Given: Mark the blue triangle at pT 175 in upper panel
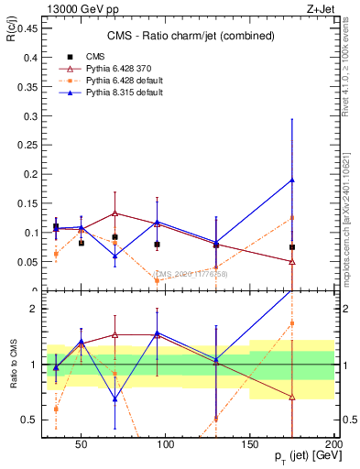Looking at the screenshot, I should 292,180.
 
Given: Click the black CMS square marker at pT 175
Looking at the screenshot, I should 292,247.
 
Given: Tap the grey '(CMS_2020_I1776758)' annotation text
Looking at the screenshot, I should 191,274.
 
